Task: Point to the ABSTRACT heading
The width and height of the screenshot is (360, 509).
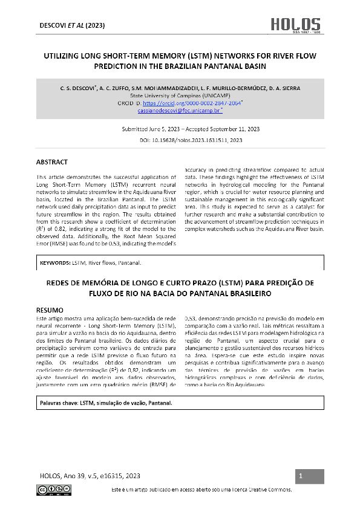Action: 52,162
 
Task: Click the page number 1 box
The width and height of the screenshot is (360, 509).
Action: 301,477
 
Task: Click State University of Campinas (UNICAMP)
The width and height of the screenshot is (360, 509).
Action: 180,96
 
